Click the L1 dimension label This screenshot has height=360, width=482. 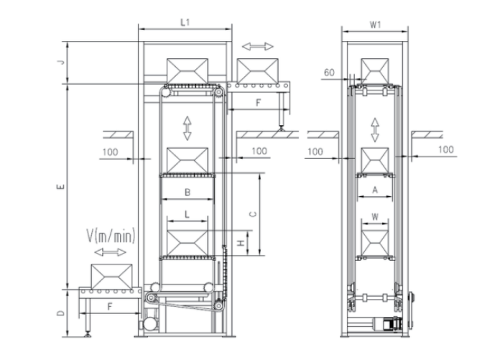(185, 23)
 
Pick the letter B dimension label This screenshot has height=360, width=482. (187, 192)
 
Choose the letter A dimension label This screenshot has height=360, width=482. (375, 190)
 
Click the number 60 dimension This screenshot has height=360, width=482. (330, 73)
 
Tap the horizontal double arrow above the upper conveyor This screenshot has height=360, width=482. (258, 46)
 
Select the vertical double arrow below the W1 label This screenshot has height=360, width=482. (375, 131)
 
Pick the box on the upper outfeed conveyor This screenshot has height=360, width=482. (258, 70)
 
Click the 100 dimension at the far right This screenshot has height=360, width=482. (445, 149)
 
